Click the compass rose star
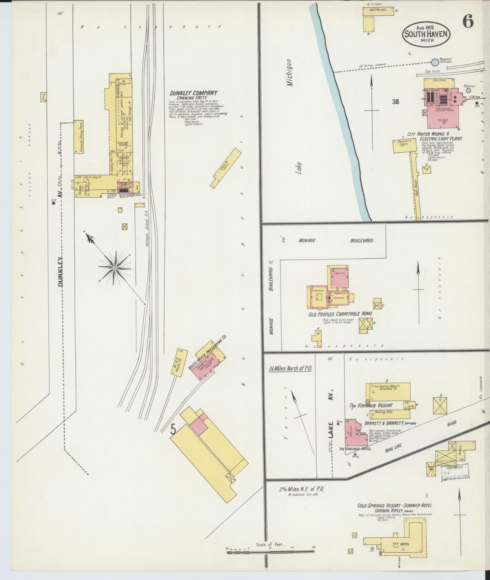pos(115,268)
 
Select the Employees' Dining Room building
pos(79,137)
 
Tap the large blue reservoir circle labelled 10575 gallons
pos(435,63)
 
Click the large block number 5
pos(173,429)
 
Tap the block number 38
pos(395,102)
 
